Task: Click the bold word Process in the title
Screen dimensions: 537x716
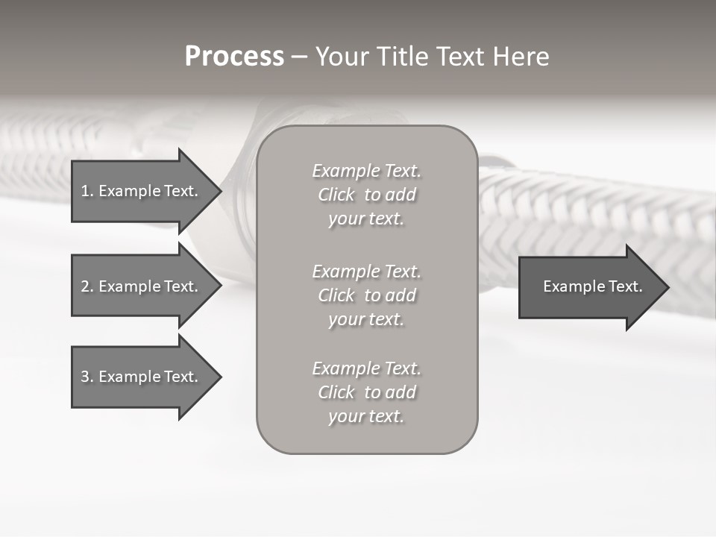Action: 234,57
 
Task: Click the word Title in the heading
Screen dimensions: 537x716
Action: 403,57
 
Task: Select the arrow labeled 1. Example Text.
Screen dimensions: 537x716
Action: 142,191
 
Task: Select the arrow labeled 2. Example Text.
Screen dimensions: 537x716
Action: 142,286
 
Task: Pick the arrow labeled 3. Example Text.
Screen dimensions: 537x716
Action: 142,377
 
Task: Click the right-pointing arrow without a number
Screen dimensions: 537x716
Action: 589,286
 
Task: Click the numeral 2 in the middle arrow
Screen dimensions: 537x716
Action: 85,286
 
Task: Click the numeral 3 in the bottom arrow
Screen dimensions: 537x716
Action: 85,377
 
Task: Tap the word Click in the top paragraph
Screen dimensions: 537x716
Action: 336,195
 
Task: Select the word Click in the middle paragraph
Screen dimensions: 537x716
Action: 336,295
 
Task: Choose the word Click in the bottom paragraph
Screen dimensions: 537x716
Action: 336,392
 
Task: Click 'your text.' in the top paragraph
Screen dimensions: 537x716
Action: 366,219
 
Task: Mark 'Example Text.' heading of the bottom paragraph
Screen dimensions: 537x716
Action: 366,368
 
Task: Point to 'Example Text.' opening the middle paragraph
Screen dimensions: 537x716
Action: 366,271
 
